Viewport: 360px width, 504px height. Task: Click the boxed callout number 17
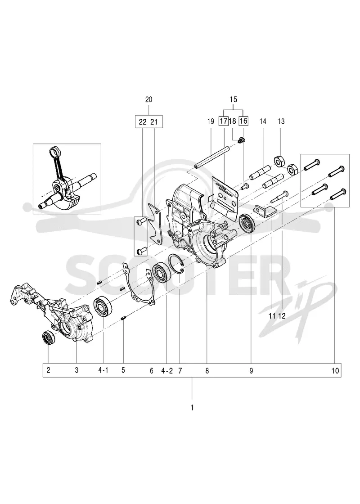(223, 121)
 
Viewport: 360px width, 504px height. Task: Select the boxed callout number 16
(243, 121)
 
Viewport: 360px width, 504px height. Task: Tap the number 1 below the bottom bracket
(192, 408)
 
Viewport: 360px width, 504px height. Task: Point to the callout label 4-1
(103, 370)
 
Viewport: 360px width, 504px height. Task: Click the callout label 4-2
(167, 371)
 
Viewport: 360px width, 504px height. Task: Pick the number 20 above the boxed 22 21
(148, 99)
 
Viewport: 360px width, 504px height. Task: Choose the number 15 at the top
(234, 99)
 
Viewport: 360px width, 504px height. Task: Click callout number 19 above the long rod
(211, 121)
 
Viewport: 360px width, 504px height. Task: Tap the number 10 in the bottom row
(335, 371)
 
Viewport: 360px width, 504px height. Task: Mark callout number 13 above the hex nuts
(281, 121)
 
